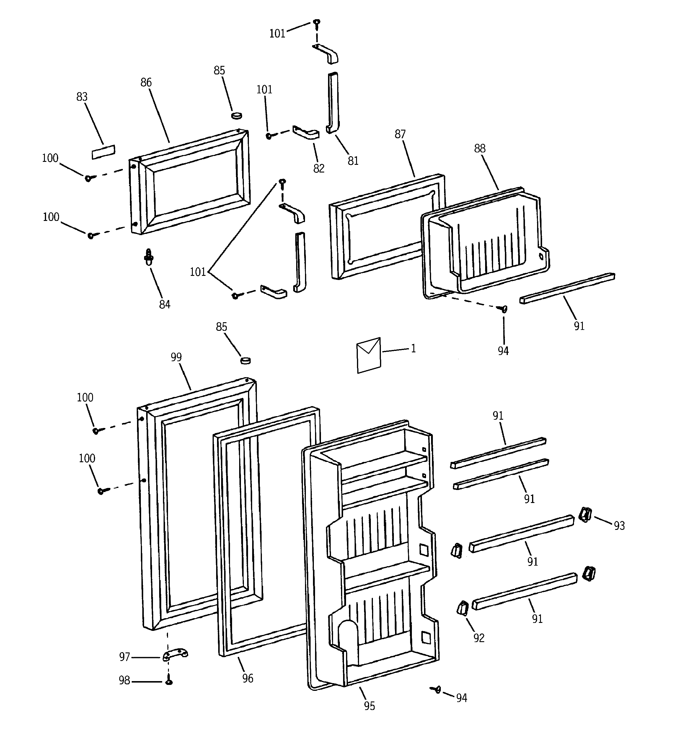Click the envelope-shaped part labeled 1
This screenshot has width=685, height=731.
(368, 356)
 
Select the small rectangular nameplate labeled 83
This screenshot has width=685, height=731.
(103, 152)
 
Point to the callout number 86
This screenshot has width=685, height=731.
(146, 83)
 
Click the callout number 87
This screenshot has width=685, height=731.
(400, 135)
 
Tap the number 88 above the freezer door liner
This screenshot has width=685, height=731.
(480, 149)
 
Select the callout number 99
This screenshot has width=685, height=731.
(176, 357)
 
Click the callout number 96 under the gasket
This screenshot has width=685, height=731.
(247, 678)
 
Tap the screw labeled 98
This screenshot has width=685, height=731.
(169, 681)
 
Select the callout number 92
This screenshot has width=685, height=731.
(479, 638)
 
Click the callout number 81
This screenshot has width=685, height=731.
(353, 161)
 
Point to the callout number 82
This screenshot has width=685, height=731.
(319, 168)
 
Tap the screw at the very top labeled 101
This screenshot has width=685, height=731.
(317, 23)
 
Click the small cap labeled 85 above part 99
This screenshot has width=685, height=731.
(245, 360)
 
